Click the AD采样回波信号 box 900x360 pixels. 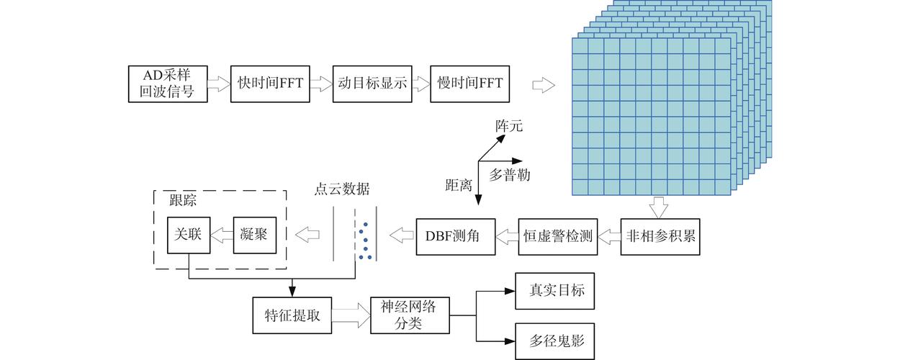(x=167, y=83)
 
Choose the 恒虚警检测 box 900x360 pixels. (x=559, y=235)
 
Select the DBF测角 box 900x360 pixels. (x=456, y=235)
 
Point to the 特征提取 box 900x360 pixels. (x=292, y=315)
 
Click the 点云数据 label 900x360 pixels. (x=342, y=189)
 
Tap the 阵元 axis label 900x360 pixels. (x=508, y=126)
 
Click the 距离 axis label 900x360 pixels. (x=459, y=184)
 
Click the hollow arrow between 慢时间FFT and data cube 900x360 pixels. (x=544, y=84)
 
